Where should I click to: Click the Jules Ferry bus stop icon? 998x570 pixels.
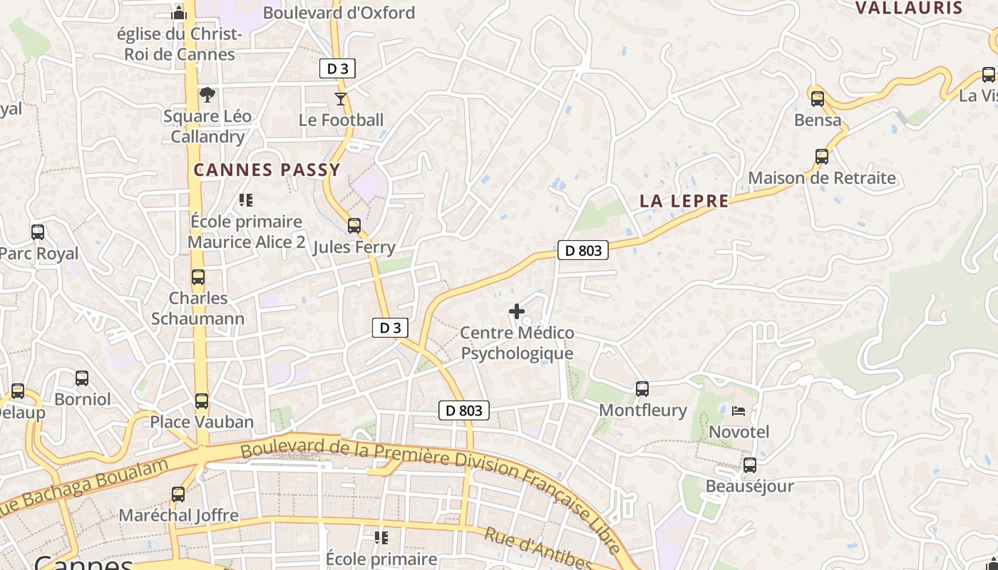(x=354, y=226)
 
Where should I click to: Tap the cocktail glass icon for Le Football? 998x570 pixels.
(x=341, y=98)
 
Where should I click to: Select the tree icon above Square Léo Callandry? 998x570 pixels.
(x=207, y=94)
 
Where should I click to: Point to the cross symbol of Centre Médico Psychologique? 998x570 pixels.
(x=517, y=311)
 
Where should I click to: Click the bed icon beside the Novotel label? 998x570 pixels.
(x=739, y=410)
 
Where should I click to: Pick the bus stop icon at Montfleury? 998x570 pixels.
(x=642, y=388)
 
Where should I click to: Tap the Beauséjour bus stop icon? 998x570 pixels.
(x=749, y=465)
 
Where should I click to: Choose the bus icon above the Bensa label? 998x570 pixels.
(x=818, y=98)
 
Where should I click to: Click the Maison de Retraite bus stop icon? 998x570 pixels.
(x=822, y=156)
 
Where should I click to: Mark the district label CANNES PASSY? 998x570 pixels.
(x=267, y=170)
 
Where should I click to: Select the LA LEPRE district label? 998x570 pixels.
(x=684, y=202)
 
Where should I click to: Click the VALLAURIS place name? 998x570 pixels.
(x=909, y=9)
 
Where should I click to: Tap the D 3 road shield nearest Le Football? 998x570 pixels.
(x=336, y=69)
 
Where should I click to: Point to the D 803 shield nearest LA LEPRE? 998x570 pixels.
(x=583, y=250)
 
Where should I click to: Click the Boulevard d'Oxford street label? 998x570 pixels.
(x=339, y=13)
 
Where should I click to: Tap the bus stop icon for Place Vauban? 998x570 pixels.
(x=202, y=400)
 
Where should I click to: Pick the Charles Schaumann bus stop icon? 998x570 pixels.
(x=197, y=277)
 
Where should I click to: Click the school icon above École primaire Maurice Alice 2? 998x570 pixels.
(x=246, y=200)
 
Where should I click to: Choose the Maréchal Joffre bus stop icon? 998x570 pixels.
(x=178, y=494)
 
